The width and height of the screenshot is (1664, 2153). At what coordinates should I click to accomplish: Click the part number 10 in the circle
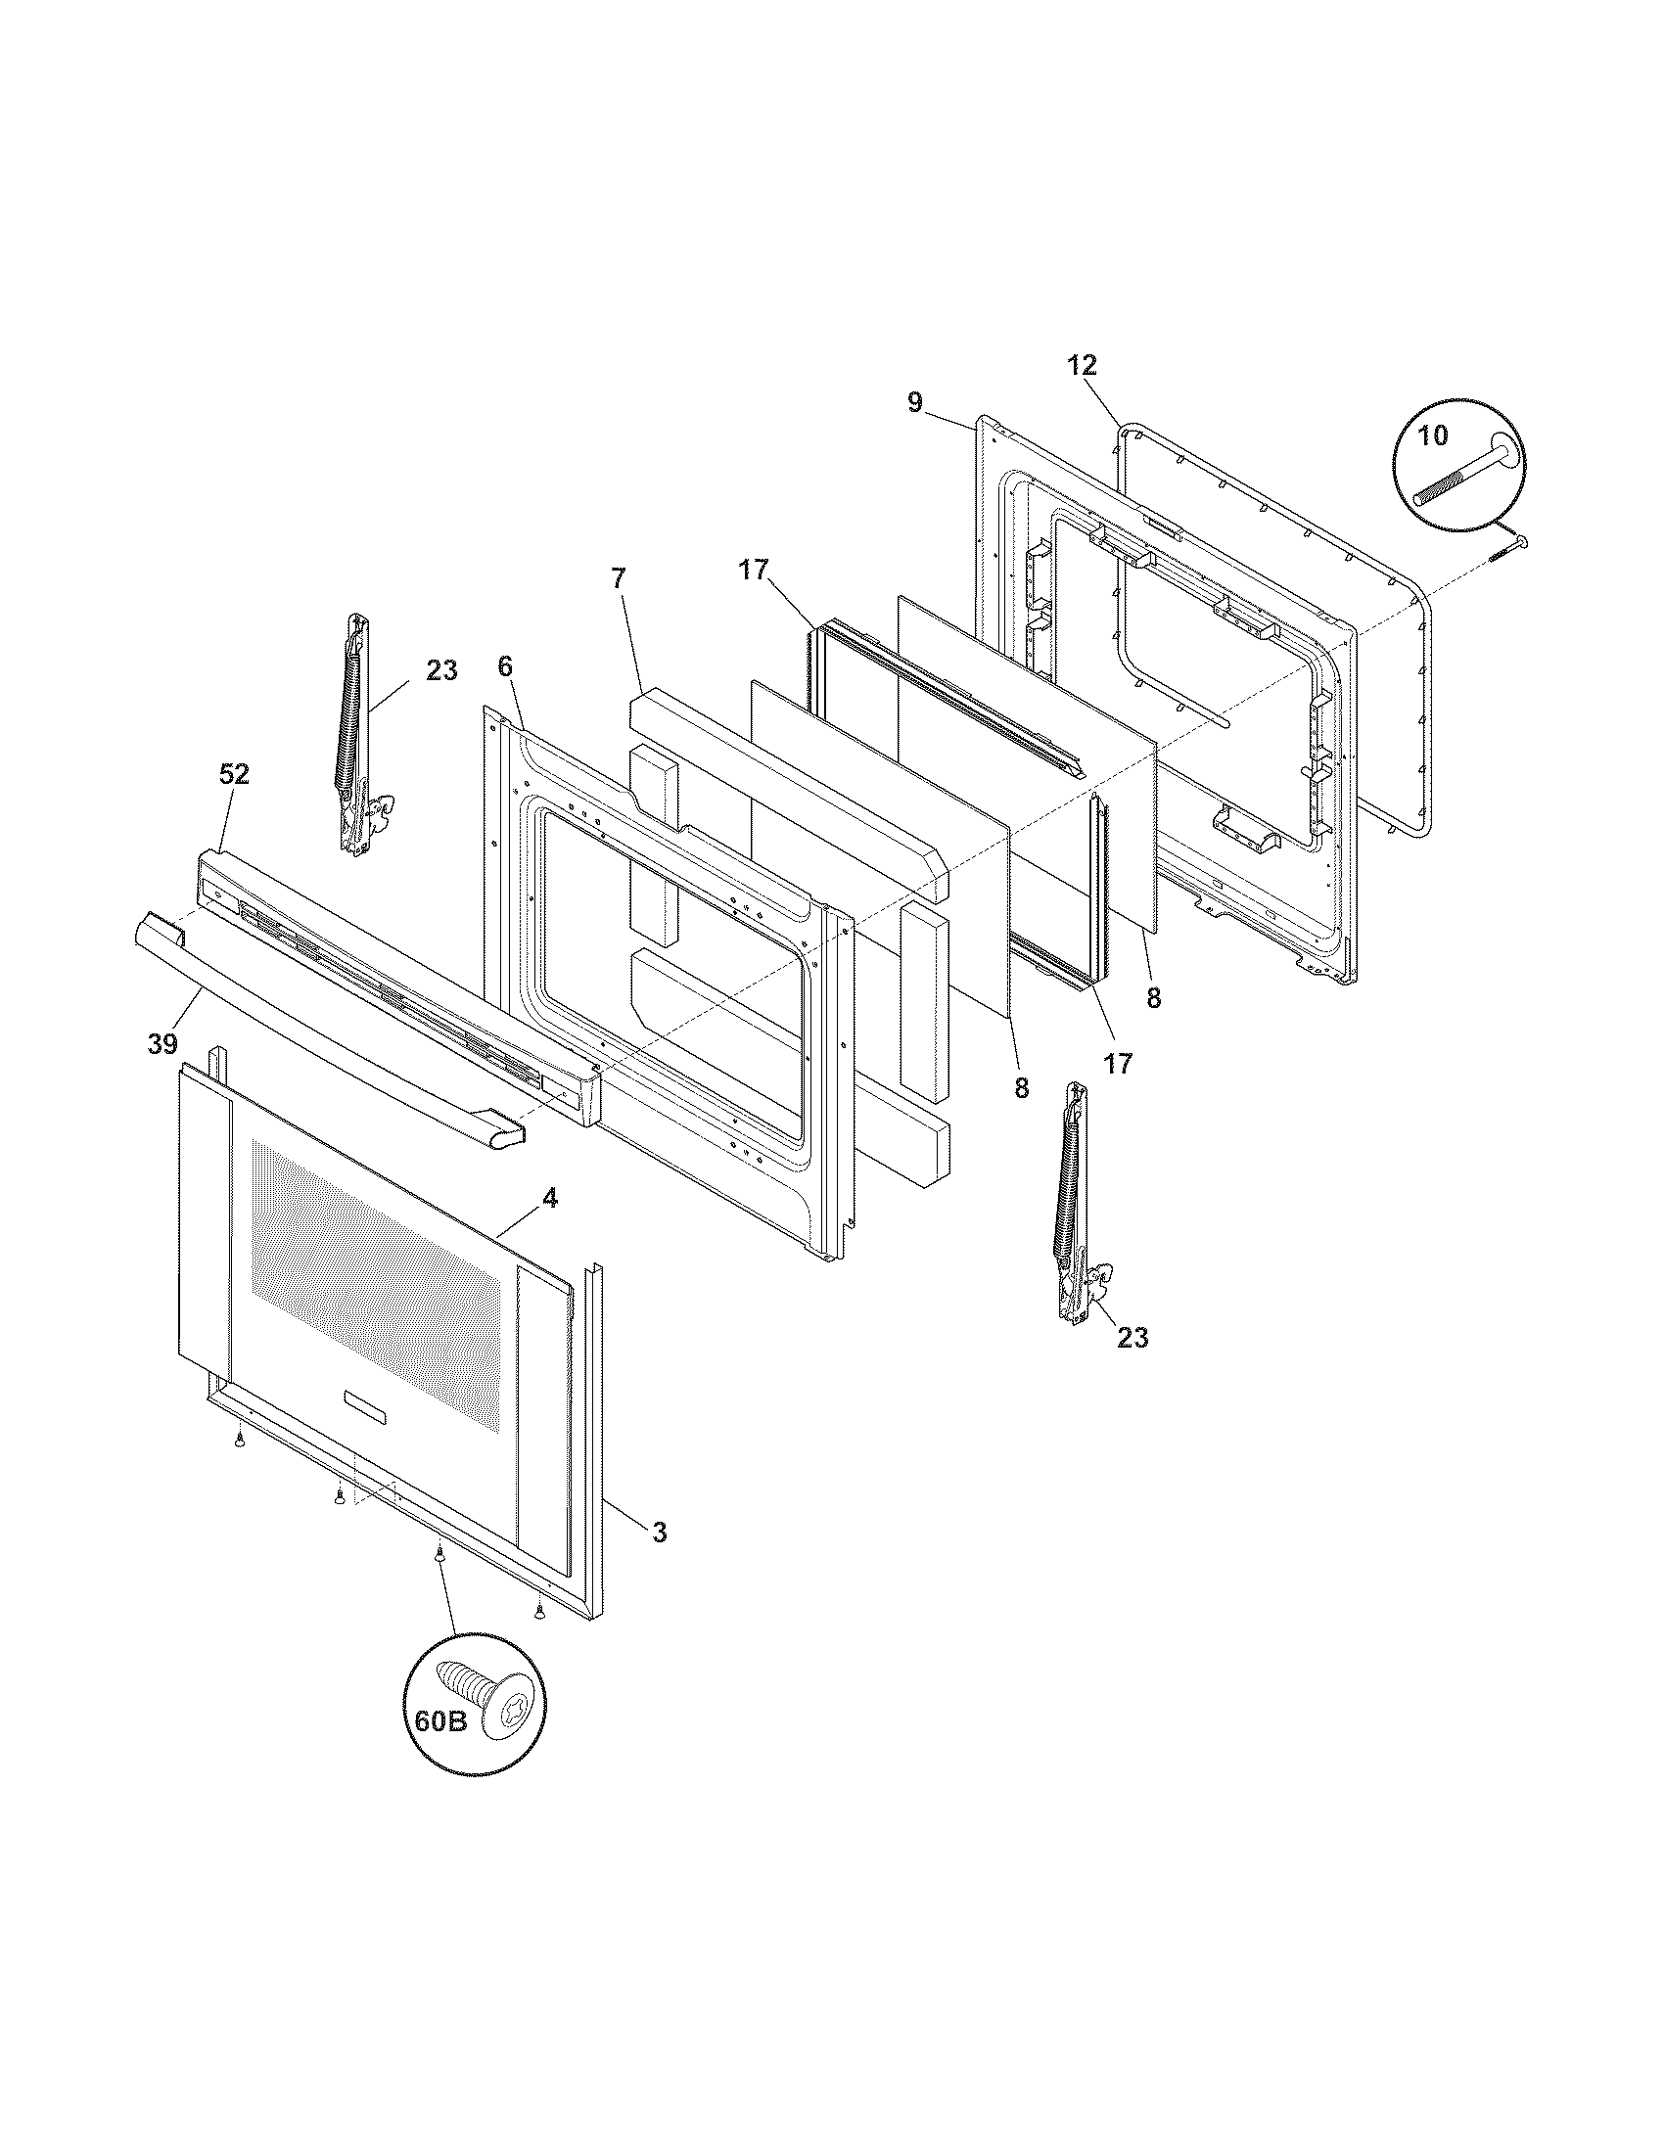pyautogui.click(x=1433, y=434)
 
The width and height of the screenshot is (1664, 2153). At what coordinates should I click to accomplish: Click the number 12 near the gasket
pyautogui.click(x=1082, y=365)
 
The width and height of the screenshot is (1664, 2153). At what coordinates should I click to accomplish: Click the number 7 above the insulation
pyautogui.click(x=617, y=578)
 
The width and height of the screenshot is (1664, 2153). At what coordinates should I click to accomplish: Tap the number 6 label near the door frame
pyautogui.click(x=505, y=666)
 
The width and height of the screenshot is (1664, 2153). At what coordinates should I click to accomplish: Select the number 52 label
pyautogui.click(x=234, y=774)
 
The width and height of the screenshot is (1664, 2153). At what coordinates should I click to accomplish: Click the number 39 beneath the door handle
pyautogui.click(x=162, y=1043)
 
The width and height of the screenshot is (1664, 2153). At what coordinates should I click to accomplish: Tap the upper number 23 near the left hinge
pyautogui.click(x=441, y=670)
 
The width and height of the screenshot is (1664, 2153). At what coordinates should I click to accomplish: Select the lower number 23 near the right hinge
pyautogui.click(x=1132, y=1337)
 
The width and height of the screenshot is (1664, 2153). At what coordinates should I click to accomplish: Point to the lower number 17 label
pyautogui.click(x=1118, y=1063)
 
